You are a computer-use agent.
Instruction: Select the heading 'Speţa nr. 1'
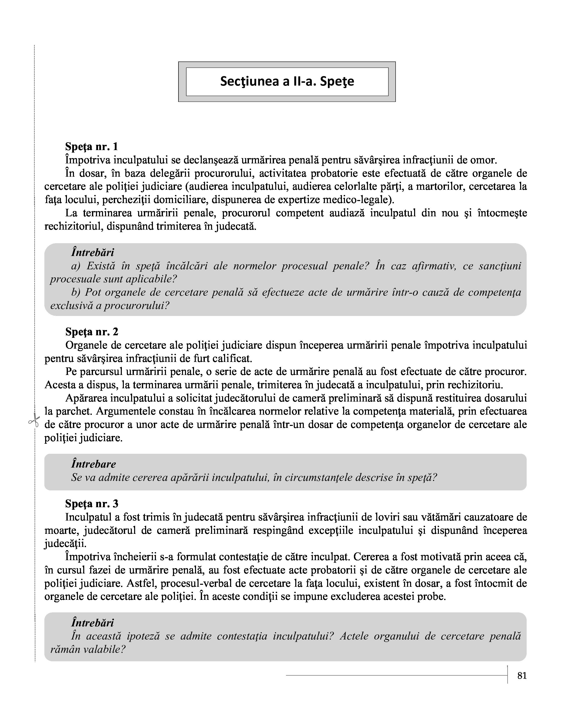tap(91, 146)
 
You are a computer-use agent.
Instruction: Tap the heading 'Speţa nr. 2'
tap(91, 332)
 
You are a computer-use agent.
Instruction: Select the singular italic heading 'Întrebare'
tap(93, 464)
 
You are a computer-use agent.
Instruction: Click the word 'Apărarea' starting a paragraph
tap(87, 398)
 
